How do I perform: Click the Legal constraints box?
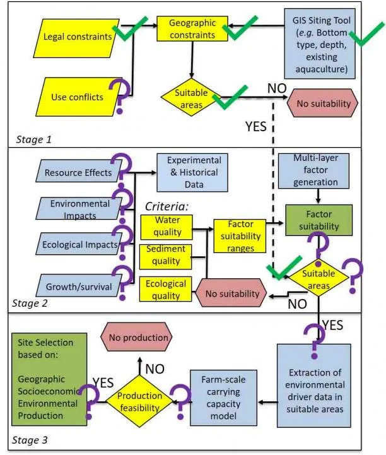pos(76,38)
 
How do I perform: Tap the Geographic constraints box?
pos(192,28)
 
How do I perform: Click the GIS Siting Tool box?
pos(320,44)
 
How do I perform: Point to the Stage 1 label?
pos(33,139)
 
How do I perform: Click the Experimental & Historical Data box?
pos(192,173)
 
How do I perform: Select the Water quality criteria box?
pos(167,227)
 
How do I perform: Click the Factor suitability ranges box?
pos(240,236)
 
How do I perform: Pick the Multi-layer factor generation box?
pos(313,171)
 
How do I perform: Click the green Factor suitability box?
pos(319,220)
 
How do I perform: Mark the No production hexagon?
pos(136,337)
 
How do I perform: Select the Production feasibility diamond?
pos(139,401)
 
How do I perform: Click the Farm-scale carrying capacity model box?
pos(223,398)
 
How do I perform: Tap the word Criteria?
pos(167,206)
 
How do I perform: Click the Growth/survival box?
pos(79,285)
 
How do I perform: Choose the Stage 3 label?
pos(30,440)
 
